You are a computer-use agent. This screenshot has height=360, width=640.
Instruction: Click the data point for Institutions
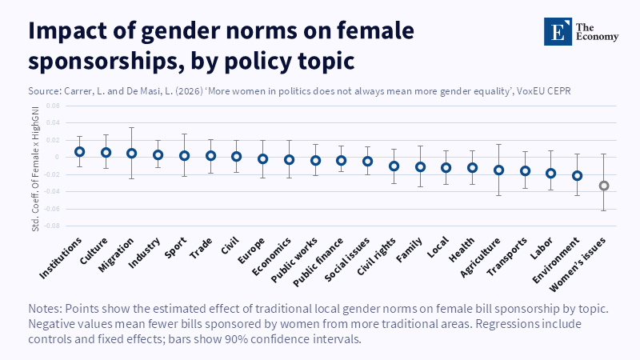(79, 151)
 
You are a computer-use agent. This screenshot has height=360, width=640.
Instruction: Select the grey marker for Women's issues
(604, 186)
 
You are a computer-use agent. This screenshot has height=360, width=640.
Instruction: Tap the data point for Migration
(131, 153)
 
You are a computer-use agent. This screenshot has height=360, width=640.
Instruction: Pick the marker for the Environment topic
(578, 175)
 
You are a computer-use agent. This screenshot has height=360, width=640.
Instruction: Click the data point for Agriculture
(499, 170)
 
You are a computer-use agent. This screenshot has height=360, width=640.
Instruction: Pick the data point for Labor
(551, 173)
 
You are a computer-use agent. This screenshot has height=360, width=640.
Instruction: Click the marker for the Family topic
(420, 166)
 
